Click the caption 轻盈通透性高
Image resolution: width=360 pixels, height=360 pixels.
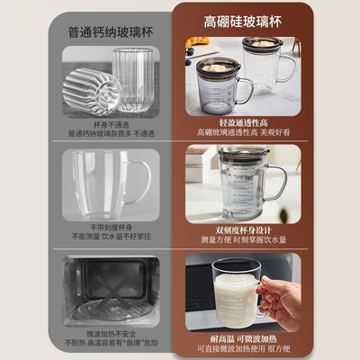(x=243, y=122)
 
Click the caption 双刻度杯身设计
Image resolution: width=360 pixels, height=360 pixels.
(x=243, y=228)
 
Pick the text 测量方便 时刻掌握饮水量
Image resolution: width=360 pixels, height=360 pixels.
(x=243, y=240)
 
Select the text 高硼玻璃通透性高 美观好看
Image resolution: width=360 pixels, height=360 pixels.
(x=243, y=134)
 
